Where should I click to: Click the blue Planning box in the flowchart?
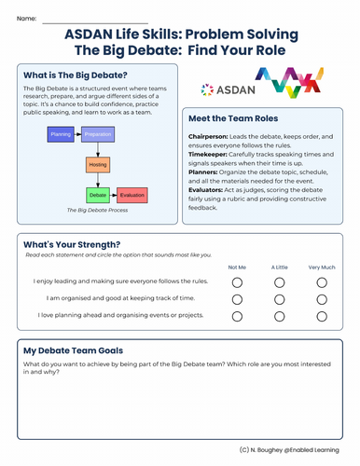60,134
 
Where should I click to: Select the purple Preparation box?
98,134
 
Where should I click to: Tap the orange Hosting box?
98,165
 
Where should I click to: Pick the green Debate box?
98,196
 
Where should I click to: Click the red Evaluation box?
132,196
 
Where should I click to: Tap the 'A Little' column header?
279,266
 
